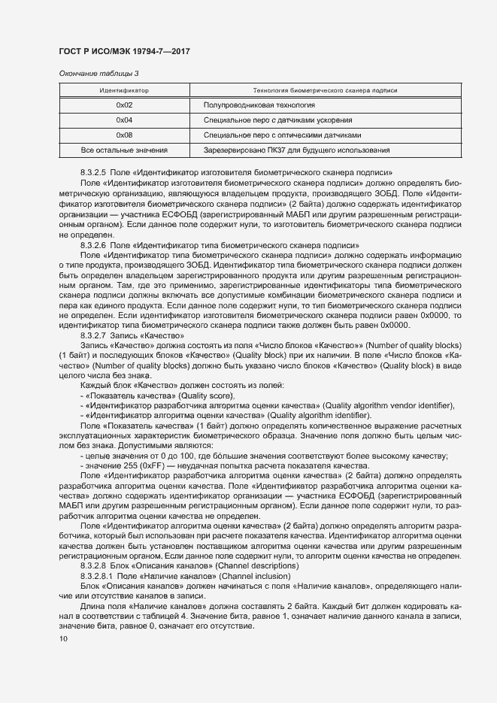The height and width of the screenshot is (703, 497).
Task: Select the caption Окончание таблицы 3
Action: pos(98,73)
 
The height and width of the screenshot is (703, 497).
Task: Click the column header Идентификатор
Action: pos(124,90)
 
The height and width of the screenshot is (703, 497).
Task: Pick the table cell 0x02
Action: pos(124,105)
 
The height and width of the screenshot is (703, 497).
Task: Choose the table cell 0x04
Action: pos(124,120)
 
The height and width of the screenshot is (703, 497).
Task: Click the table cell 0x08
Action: pos(124,135)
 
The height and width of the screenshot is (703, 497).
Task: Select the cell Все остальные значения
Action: pos(124,150)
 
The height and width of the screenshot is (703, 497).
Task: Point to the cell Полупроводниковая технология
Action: pos(259,105)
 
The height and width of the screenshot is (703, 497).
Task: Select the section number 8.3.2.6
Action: pos(92,246)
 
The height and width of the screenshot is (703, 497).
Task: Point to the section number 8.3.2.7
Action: pos(92,335)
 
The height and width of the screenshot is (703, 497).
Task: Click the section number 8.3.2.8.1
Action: pos(95,574)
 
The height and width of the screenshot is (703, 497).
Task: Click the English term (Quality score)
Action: pos(206,395)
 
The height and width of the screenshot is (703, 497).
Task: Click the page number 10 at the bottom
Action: pos(62,639)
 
